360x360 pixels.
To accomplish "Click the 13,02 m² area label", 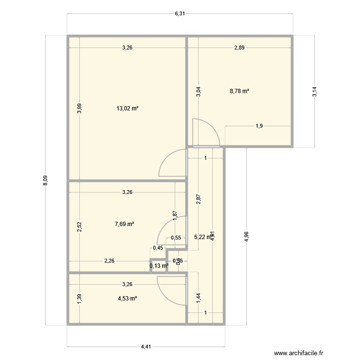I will click(x=127, y=108).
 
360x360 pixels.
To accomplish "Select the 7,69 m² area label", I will click(x=124, y=224).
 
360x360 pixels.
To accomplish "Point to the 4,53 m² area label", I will click(x=127, y=299).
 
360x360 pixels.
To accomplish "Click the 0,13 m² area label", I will click(x=159, y=266).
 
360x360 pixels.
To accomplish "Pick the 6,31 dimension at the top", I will click(x=180, y=13).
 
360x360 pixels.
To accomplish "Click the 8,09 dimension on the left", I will click(x=45, y=180).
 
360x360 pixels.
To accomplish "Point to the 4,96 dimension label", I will click(x=247, y=236).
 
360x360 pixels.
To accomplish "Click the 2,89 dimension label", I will click(x=240, y=47).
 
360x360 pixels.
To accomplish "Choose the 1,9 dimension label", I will click(x=259, y=126).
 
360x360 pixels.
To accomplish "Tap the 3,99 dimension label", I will click(x=80, y=109).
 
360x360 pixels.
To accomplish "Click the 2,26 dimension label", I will click(x=109, y=261).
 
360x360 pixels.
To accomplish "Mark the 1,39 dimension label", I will click(x=80, y=299).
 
